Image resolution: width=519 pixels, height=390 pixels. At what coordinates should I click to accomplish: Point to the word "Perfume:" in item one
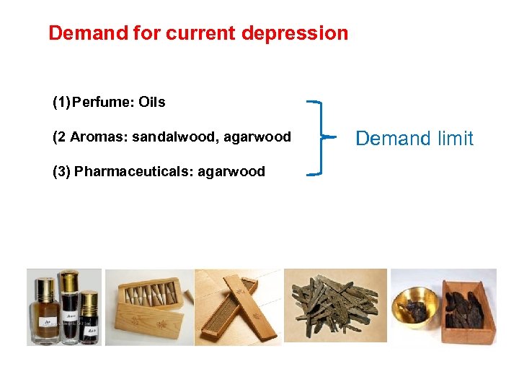pos(104,103)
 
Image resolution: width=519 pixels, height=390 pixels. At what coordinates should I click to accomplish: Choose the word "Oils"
pos(152,103)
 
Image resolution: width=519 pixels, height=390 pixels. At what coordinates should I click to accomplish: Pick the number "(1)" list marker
pos(61,103)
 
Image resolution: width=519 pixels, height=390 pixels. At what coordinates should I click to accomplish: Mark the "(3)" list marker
pos(61,172)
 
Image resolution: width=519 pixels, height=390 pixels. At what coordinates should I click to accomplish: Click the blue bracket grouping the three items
pos(319,137)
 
